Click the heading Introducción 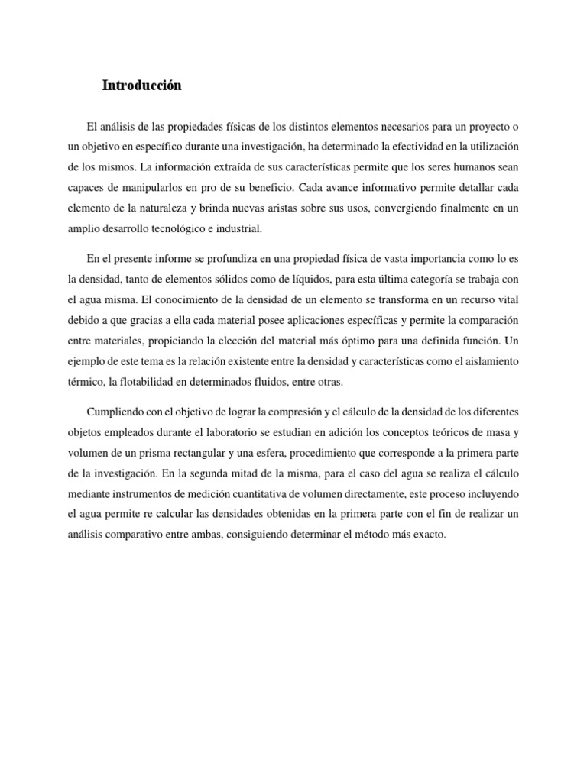point(142,86)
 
